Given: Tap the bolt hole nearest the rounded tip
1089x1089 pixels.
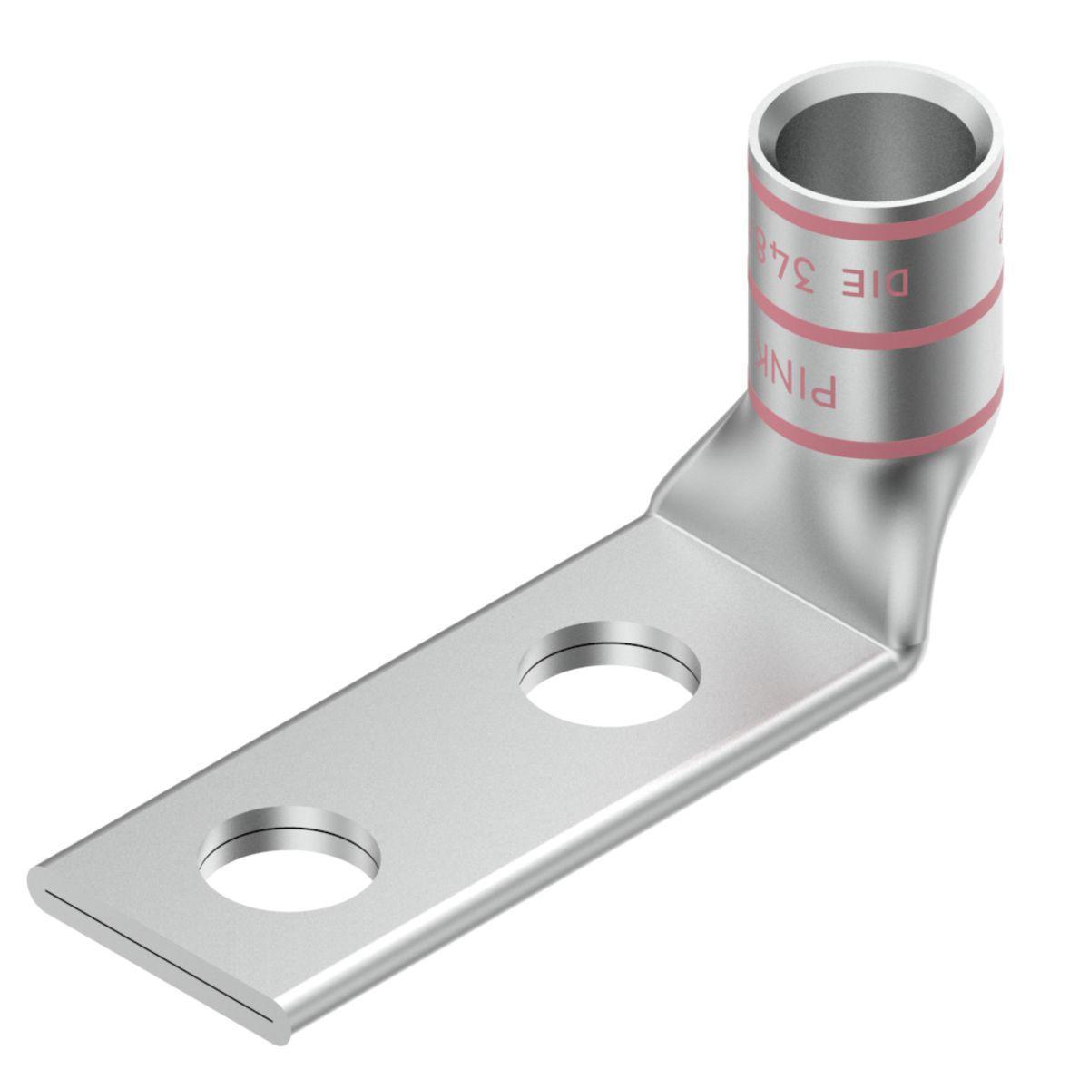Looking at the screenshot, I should point(290,858).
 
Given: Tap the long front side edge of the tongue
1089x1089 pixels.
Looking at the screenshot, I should point(590,853).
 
